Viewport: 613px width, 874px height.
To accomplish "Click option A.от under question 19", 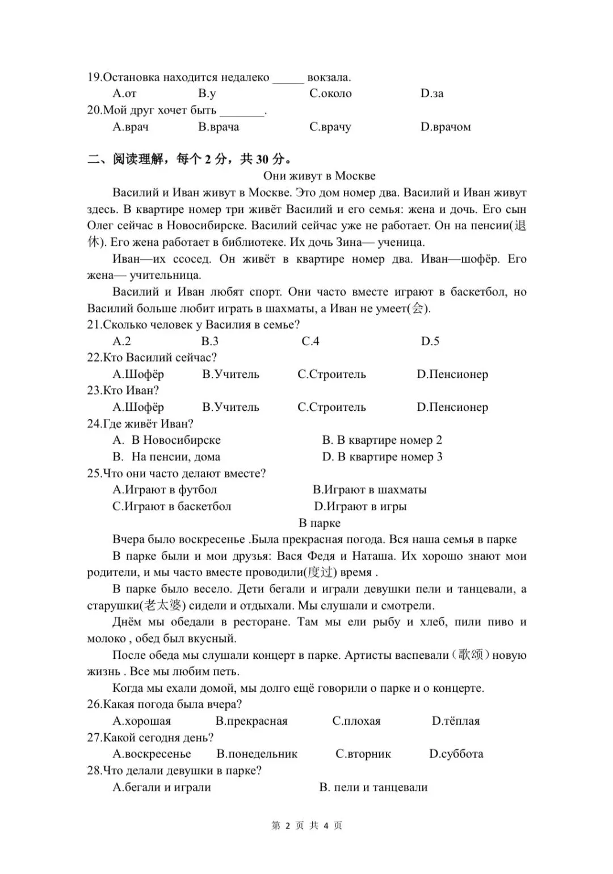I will point(124,94).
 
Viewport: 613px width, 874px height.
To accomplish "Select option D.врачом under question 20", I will point(446,127).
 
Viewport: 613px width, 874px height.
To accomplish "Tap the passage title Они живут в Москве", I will point(319,176).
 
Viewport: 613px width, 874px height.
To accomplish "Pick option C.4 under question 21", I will point(310,341).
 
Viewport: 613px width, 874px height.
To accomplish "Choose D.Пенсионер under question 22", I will point(452,375).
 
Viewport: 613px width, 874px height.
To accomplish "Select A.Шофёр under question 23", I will point(138,407).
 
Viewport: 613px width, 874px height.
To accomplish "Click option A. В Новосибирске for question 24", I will point(166,440).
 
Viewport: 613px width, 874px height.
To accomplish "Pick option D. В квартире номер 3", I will point(382,457).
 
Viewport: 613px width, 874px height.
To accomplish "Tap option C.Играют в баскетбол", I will point(171,506).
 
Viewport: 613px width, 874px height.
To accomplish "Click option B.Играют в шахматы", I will point(370,490).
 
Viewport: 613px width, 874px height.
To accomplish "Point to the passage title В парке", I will point(320,523).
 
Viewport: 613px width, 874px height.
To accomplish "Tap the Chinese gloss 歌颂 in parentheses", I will point(471,655).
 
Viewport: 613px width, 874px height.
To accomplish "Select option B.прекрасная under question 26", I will point(251,721).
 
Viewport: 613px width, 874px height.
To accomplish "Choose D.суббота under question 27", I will point(456,754).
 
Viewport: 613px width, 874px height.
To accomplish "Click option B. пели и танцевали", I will point(373,787).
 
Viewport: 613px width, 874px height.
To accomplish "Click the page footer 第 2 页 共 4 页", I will point(307,826).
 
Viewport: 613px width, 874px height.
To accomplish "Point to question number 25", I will point(94,473).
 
